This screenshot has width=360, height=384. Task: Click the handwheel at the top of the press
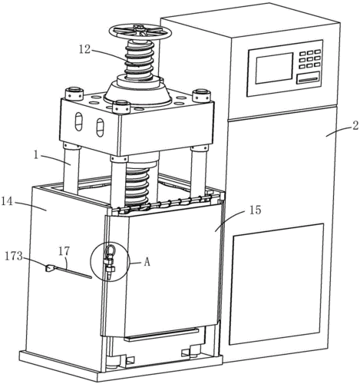click(140, 31)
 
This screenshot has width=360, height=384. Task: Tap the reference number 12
click(84, 49)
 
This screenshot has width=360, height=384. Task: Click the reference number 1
click(36, 156)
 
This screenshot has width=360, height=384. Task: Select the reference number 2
click(355, 126)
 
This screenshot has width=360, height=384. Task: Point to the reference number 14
click(7, 201)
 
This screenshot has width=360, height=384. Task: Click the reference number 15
click(255, 210)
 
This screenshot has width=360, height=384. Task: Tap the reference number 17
click(64, 251)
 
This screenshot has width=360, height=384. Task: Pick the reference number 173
click(13, 257)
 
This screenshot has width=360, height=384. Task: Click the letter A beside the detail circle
click(147, 262)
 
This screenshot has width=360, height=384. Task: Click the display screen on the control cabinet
click(274, 68)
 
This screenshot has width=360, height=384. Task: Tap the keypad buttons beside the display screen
click(310, 59)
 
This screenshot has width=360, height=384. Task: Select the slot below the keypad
click(308, 78)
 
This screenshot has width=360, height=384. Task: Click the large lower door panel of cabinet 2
click(276, 284)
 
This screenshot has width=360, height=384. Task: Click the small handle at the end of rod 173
click(49, 268)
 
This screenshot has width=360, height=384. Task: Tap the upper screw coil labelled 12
click(139, 61)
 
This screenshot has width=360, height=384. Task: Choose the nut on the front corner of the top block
click(121, 107)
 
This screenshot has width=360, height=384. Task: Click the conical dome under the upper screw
click(137, 92)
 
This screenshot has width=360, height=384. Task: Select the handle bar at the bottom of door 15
click(161, 334)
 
